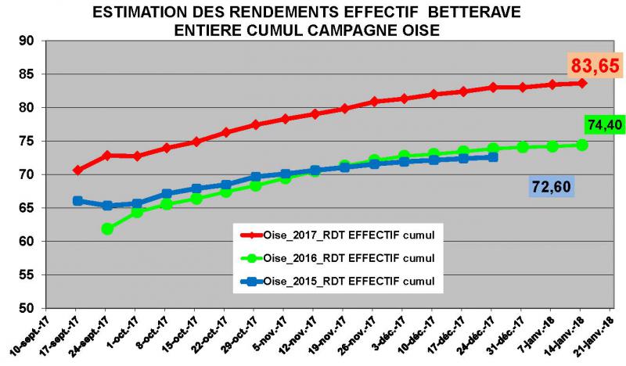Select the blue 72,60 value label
click(549, 187)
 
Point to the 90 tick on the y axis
click(30, 41)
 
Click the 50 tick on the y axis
click(30, 308)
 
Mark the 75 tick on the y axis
click(30, 141)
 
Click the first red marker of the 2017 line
click(77, 170)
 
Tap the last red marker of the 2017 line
click(582, 83)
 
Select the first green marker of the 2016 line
click(107, 229)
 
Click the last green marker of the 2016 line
click(582, 145)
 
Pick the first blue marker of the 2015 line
click(77, 201)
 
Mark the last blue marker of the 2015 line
click(493, 157)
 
